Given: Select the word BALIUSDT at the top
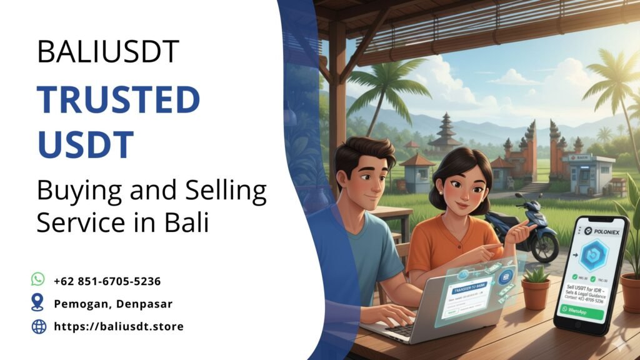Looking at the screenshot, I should (x=108, y=51).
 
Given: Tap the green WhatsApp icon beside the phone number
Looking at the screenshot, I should (x=39, y=279).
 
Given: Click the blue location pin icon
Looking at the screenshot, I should (x=39, y=303).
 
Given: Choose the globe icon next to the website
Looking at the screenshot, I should (x=39, y=326).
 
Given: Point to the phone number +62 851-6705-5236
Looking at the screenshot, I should (x=107, y=281).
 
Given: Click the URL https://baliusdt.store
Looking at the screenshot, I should (x=119, y=326).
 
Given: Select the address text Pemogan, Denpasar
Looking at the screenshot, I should (x=113, y=304).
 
